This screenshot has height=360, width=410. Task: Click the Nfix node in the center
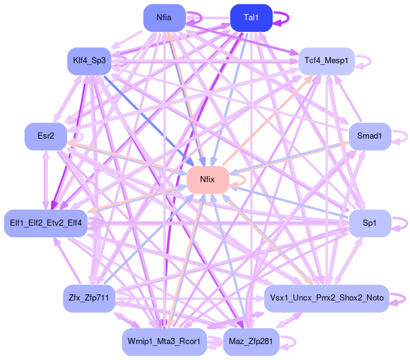coord(208,180)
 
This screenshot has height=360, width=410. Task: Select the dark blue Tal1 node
coord(250,18)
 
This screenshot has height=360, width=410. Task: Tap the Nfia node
coord(164,18)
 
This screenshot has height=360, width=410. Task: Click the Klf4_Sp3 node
coord(88,61)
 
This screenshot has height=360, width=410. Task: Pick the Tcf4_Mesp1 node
coord(326,61)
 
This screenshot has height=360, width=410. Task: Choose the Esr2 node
coord(45,136)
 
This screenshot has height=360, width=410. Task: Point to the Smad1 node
coord(369,136)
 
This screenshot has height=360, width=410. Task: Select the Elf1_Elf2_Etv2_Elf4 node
coord(47,222)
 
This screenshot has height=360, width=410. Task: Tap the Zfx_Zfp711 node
coord(89,299)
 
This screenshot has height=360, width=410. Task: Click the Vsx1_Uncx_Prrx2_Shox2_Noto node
coord(327,299)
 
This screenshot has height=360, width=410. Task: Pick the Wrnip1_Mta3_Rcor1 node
coord(164,342)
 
